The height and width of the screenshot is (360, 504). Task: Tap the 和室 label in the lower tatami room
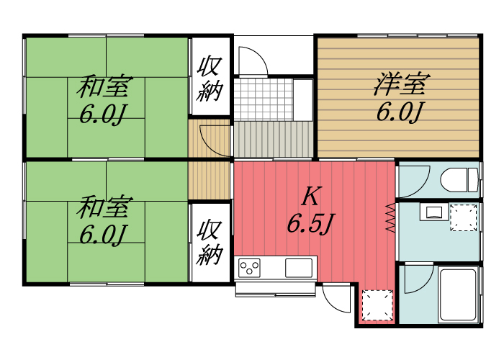[104, 208]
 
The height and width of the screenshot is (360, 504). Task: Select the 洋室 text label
[399, 84]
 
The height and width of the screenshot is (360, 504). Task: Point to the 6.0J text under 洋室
[399, 112]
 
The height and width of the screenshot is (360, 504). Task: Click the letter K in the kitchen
[310, 196]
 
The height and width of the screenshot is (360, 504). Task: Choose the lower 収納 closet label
[210, 242]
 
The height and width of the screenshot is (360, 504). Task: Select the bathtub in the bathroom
[457, 295]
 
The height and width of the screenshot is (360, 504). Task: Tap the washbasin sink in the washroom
[433, 212]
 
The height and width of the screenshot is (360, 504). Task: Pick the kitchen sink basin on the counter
[300, 267]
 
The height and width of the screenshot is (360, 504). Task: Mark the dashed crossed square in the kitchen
[377, 305]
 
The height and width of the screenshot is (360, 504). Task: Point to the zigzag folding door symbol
[391, 217]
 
